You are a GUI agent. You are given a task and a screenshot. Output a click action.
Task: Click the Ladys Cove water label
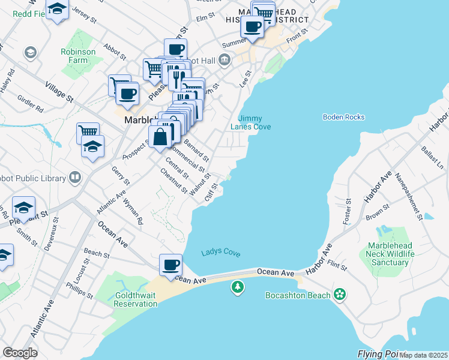pos(221,253)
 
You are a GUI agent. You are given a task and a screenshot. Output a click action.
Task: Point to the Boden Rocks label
pos(343,117)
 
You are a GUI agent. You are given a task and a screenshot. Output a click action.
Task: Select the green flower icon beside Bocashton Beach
pos(340,294)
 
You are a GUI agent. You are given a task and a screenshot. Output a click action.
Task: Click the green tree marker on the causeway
pos(238,288)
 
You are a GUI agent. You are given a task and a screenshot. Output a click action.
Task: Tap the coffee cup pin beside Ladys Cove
pos(171,265)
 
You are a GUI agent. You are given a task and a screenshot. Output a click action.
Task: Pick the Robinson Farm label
pos(78,56)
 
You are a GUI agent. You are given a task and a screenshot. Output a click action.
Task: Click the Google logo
pos(20,352)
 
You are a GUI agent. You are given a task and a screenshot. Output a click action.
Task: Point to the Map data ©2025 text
pos(423,355)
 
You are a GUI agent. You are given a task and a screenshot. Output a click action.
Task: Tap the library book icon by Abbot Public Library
pos(75,177)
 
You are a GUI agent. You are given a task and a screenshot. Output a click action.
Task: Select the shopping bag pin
pos(161,137)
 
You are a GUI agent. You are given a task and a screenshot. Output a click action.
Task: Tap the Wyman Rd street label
pos(133,213)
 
